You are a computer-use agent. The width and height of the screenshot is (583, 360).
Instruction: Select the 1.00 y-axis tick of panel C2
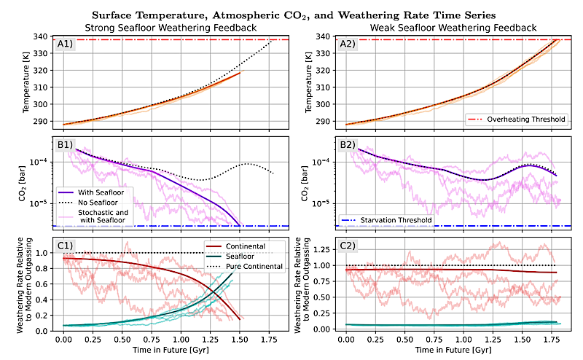(x=319, y=265)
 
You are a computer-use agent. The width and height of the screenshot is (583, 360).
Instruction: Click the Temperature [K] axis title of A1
(x=26, y=79)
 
